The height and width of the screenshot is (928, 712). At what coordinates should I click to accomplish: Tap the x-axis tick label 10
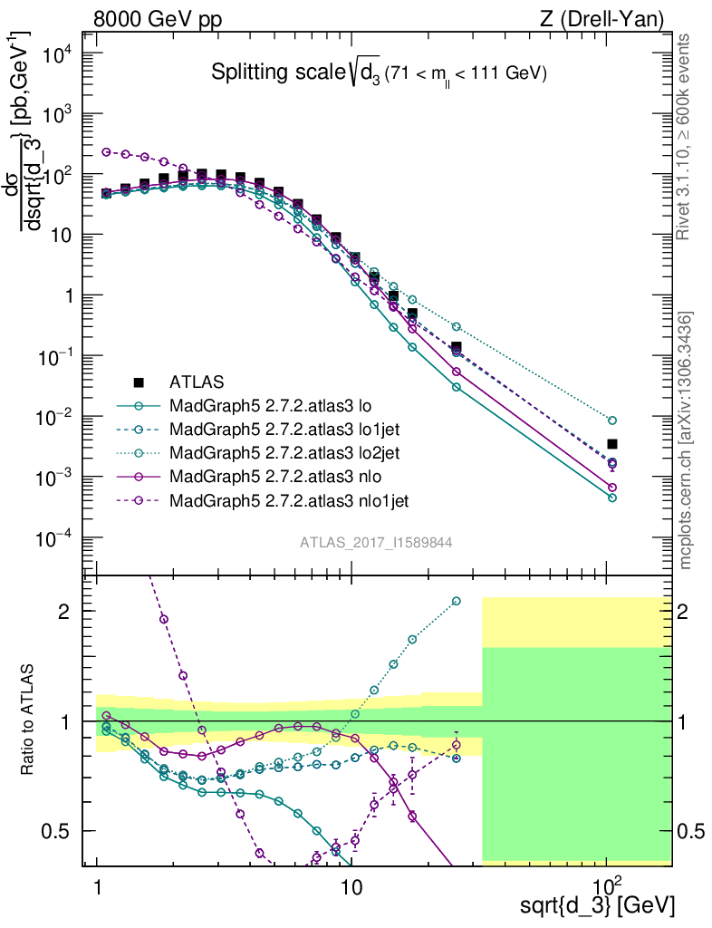(351, 885)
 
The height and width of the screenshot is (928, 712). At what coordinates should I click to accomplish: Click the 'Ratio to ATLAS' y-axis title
(30, 720)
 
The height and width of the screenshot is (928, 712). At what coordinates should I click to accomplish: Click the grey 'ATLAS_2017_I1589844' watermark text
(376, 542)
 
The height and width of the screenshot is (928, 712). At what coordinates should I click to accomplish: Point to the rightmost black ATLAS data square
(612, 444)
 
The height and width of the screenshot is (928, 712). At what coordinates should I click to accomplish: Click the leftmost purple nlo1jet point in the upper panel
(106, 152)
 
